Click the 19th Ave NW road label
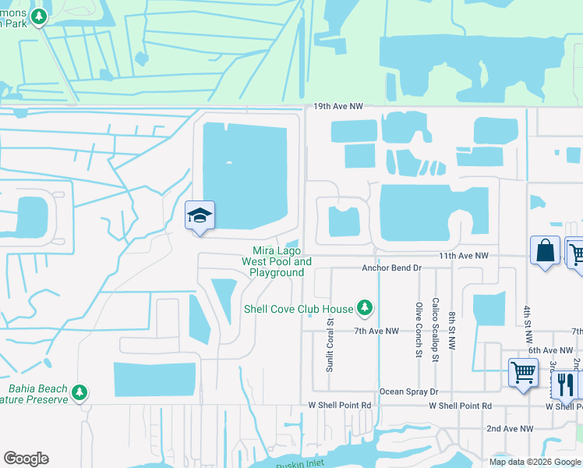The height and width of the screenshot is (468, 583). coord(339,105)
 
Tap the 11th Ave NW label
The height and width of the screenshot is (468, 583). coord(463,255)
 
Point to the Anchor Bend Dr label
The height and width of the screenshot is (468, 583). coord(391,268)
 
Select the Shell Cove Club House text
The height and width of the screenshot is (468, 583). coord(299,309)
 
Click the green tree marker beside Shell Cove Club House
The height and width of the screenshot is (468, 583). coord(364,309)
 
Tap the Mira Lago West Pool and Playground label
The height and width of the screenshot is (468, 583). coord(277,261)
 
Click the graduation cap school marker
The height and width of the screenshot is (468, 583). coord(200,216)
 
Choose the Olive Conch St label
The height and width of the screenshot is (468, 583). coord(419,330)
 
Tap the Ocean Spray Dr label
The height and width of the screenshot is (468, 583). coord(409,392)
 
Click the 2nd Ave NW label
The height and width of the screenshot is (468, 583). coord(510,429)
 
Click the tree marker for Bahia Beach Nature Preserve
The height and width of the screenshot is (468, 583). coord(79,392)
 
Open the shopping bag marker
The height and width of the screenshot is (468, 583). coord(546,251)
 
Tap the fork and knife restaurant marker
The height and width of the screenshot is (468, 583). coord(566,385)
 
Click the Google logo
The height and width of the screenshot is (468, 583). coord(26,459)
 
